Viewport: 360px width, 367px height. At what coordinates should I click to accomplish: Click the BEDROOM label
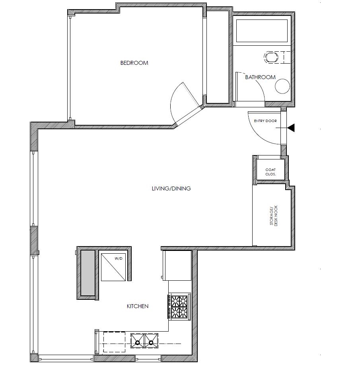[x=134, y=63]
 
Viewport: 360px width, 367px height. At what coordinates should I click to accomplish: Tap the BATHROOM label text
[x=260, y=77]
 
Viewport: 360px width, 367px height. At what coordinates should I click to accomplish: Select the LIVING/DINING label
[x=171, y=188]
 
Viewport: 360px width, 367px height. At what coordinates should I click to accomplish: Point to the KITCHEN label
[x=138, y=306]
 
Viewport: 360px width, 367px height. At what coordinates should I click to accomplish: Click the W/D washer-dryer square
[x=114, y=267]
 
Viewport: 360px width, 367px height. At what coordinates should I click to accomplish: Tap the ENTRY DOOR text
[x=265, y=121]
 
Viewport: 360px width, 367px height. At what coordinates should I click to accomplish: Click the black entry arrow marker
[x=291, y=128]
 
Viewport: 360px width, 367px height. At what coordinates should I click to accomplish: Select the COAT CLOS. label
[x=270, y=172]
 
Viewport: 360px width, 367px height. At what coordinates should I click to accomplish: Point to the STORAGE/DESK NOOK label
[x=272, y=216]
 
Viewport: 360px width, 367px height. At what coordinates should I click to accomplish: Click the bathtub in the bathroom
[x=262, y=31]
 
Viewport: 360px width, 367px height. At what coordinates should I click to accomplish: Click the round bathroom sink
[x=283, y=86]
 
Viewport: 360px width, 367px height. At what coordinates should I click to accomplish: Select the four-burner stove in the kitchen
[x=179, y=306]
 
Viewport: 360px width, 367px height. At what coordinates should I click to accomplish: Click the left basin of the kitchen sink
[x=138, y=341]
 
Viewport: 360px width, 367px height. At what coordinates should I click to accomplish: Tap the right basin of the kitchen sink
[x=151, y=341]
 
